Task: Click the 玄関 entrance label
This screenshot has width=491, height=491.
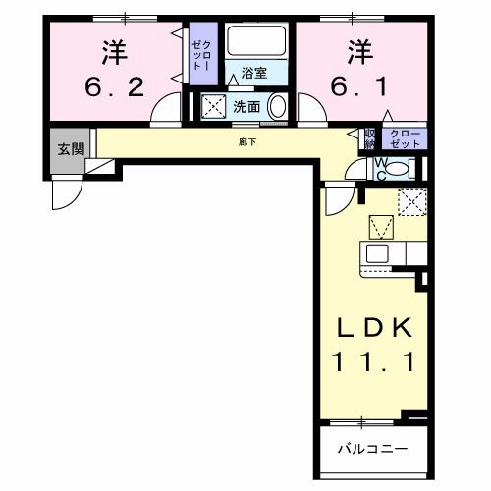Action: [x=69, y=149]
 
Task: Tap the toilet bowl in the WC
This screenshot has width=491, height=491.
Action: [x=395, y=168]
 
